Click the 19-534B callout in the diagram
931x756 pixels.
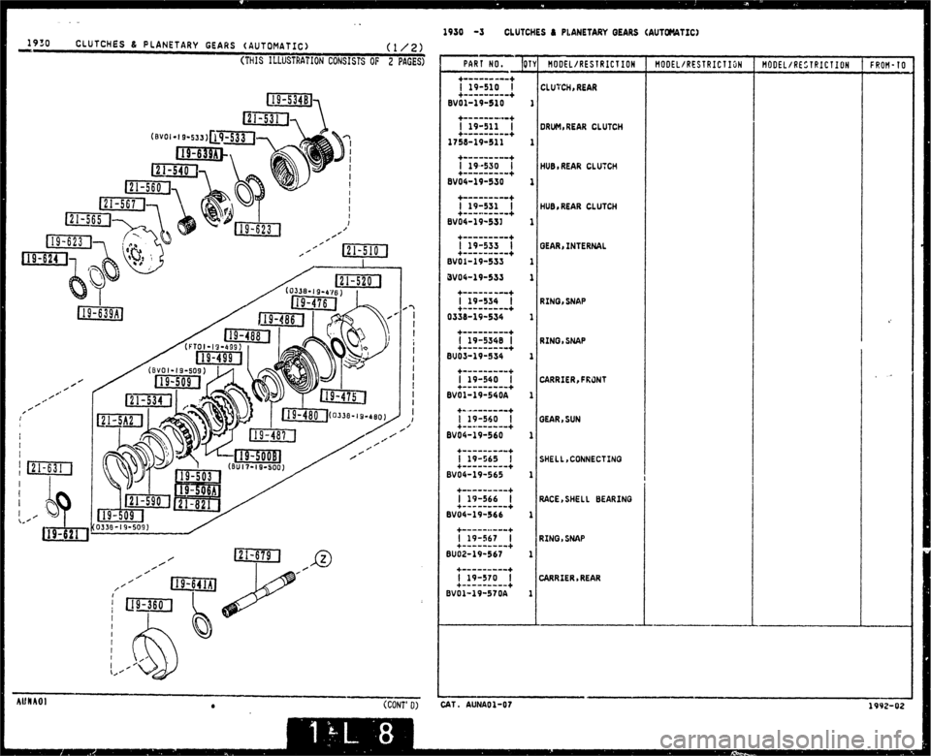(x=290, y=99)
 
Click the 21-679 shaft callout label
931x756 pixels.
(x=257, y=555)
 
